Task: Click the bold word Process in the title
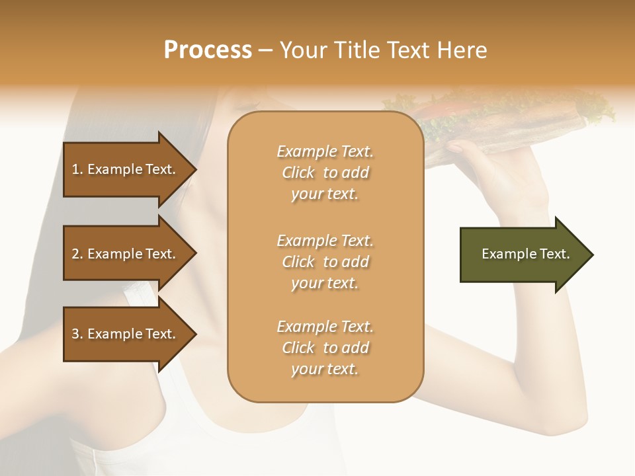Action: tap(208, 50)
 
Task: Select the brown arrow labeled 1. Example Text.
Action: tap(126, 169)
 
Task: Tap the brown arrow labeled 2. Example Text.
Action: tap(126, 254)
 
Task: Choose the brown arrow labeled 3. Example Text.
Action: tap(126, 334)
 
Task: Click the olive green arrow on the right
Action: tap(523, 255)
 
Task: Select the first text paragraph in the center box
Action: tap(325, 173)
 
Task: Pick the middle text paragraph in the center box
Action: tap(325, 261)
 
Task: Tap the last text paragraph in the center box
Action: tap(325, 348)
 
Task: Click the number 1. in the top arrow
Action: tap(77, 169)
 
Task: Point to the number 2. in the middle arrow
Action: tap(77, 254)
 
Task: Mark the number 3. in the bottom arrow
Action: tap(77, 334)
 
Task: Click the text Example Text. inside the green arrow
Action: tap(525, 254)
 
